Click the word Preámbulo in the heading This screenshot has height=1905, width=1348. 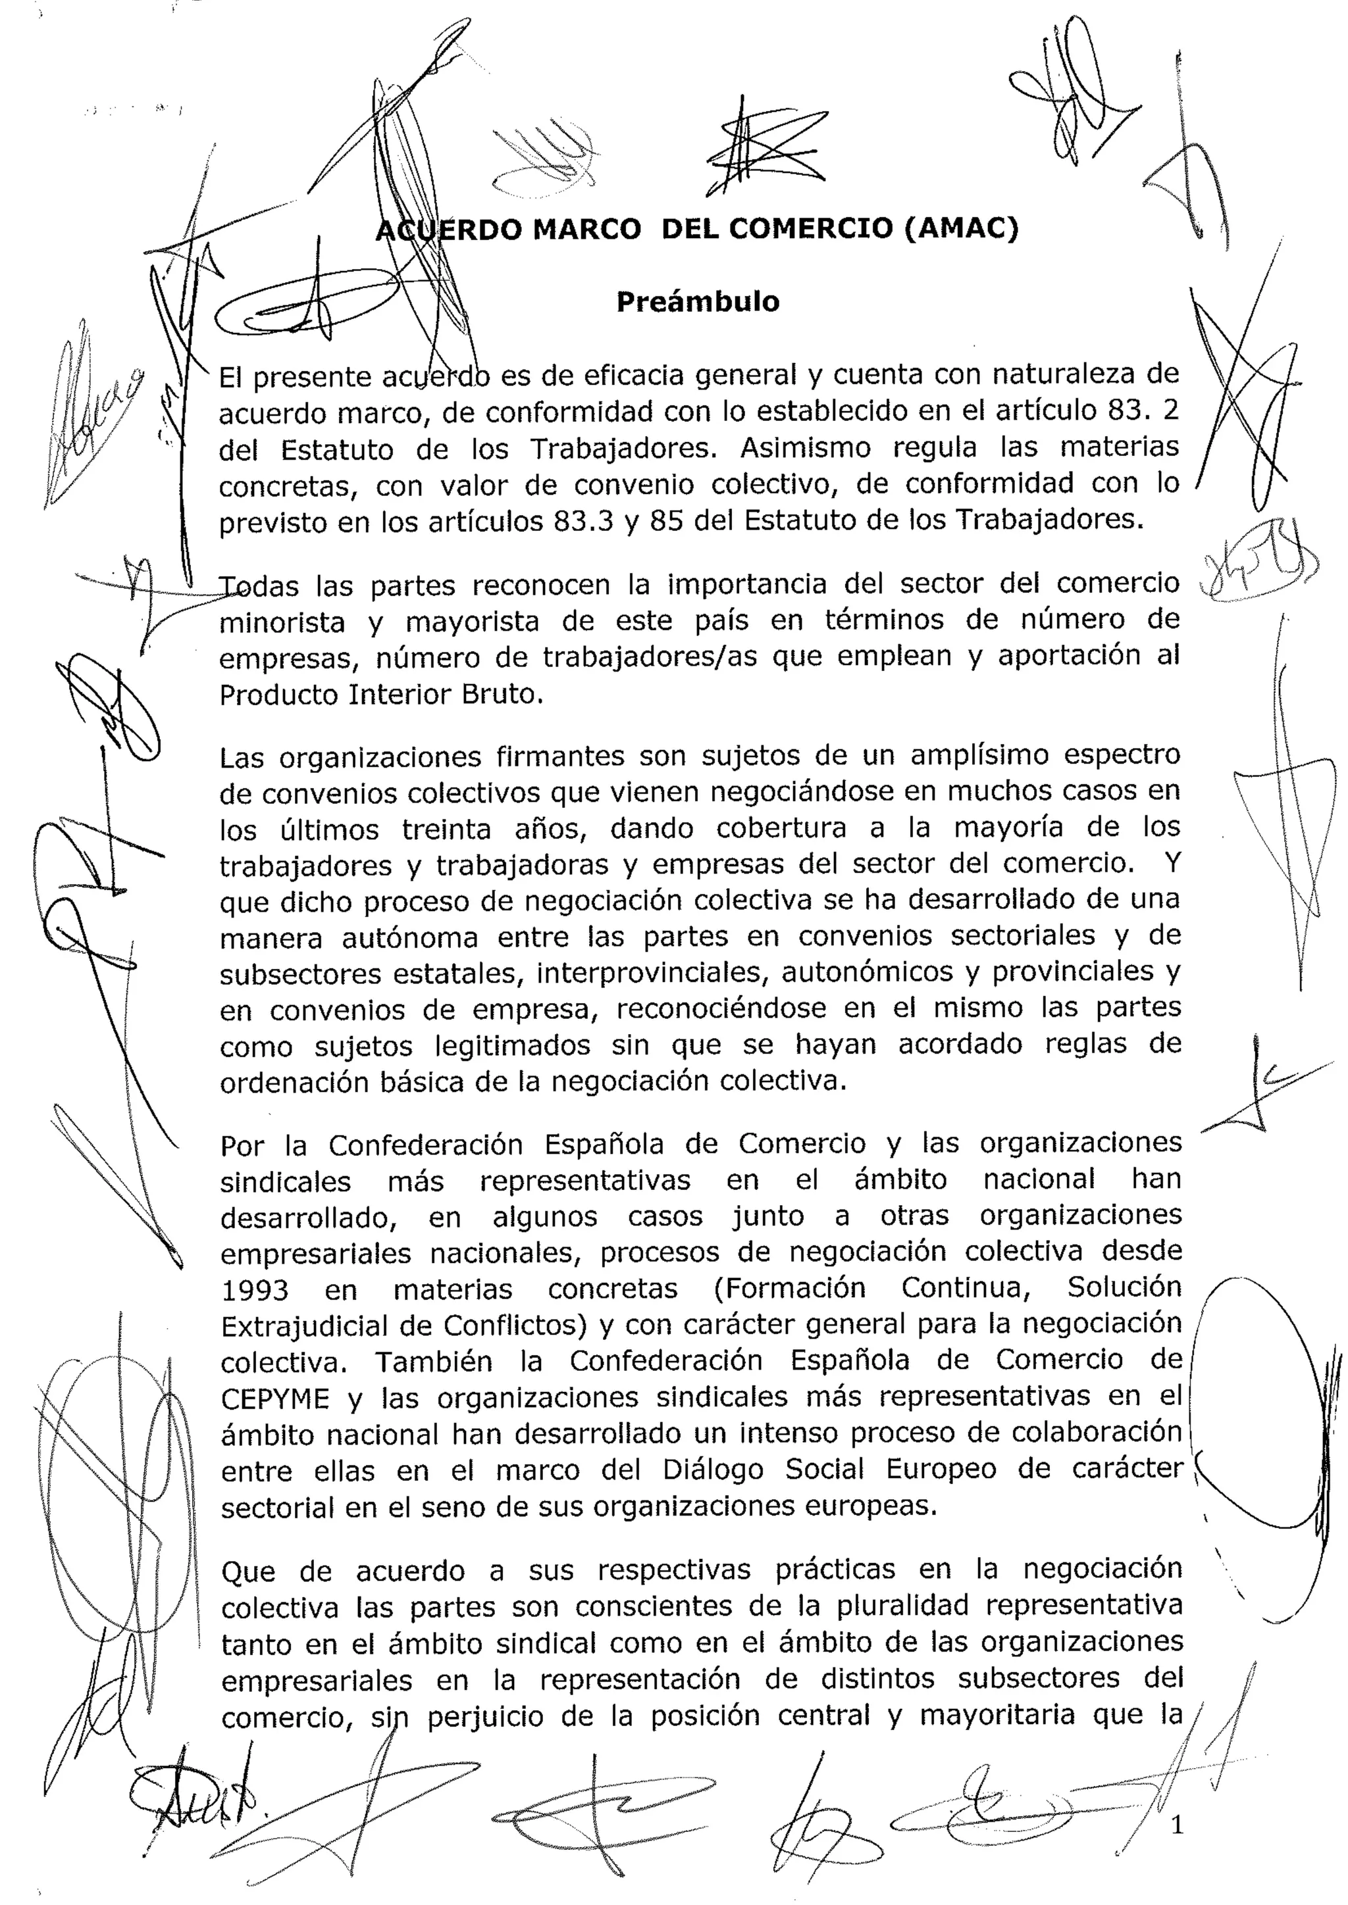coord(697,302)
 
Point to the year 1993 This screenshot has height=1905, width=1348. coord(255,1291)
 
